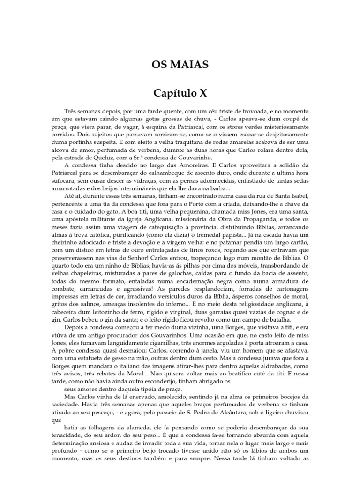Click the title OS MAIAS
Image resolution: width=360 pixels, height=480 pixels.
(180, 64)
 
